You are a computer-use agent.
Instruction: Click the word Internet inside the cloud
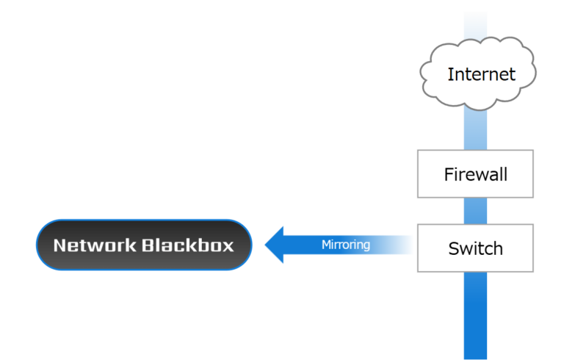481,73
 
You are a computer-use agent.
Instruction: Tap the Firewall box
475,174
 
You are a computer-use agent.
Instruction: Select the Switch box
475,248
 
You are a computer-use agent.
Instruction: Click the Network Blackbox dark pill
144,245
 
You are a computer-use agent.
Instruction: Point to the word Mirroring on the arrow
345,245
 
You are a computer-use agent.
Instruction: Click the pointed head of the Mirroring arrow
274,245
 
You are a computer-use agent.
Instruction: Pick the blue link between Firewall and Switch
475,211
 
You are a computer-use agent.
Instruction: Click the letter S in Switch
453,248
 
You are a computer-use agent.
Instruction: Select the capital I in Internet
450,73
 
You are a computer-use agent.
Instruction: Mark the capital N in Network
61,245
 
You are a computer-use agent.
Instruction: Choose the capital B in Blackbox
147,245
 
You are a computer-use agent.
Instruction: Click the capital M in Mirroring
326,245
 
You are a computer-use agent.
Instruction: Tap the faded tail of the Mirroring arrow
400,245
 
